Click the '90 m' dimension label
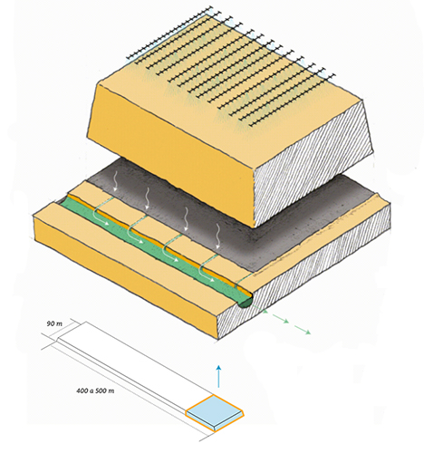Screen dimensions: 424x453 tap(54, 323)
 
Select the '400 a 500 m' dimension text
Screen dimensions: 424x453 tap(95, 390)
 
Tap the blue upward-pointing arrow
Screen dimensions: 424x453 tap(218, 376)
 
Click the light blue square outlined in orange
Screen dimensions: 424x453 tap(215, 412)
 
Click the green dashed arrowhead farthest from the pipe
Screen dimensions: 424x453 tap(307, 333)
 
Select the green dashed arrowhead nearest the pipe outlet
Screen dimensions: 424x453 tap(265, 311)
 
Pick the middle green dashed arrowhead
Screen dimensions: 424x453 tap(286, 322)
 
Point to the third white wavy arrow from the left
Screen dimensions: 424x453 tap(186, 219)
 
